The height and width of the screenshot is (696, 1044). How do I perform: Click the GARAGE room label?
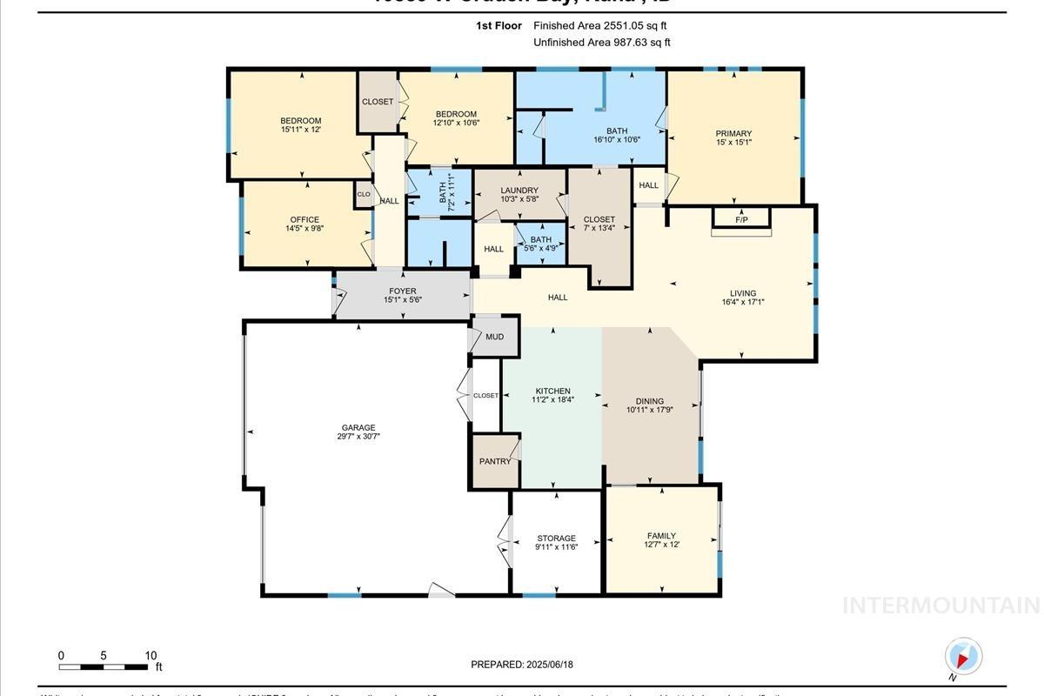tap(358, 428)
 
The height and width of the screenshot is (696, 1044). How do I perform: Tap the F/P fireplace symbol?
tap(741, 219)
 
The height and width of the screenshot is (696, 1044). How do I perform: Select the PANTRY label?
tap(495, 461)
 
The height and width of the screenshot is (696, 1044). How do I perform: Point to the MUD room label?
tap(494, 337)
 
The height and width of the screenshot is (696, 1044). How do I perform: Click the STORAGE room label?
tap(556, 539)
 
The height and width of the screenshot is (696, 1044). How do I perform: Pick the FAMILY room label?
tap(661, 536)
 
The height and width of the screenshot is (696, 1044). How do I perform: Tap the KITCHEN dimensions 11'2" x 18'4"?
tap(552, 401)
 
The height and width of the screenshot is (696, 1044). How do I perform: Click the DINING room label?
tap(650, 402)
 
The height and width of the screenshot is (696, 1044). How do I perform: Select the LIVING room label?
tap(743, 293)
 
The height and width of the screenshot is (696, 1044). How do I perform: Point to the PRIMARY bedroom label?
tap(733, 134)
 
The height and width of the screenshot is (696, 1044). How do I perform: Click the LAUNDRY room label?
tap(519, 191)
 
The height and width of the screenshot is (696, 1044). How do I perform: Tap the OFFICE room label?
tap(304, 220)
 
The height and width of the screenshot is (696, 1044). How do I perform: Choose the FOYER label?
tap(403, 291)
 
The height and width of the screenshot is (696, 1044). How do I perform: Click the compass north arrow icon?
tap(962, 657)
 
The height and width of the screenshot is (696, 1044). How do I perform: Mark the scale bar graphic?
tap(104, 667)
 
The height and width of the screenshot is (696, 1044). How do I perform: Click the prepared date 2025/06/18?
tap(548, 665)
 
